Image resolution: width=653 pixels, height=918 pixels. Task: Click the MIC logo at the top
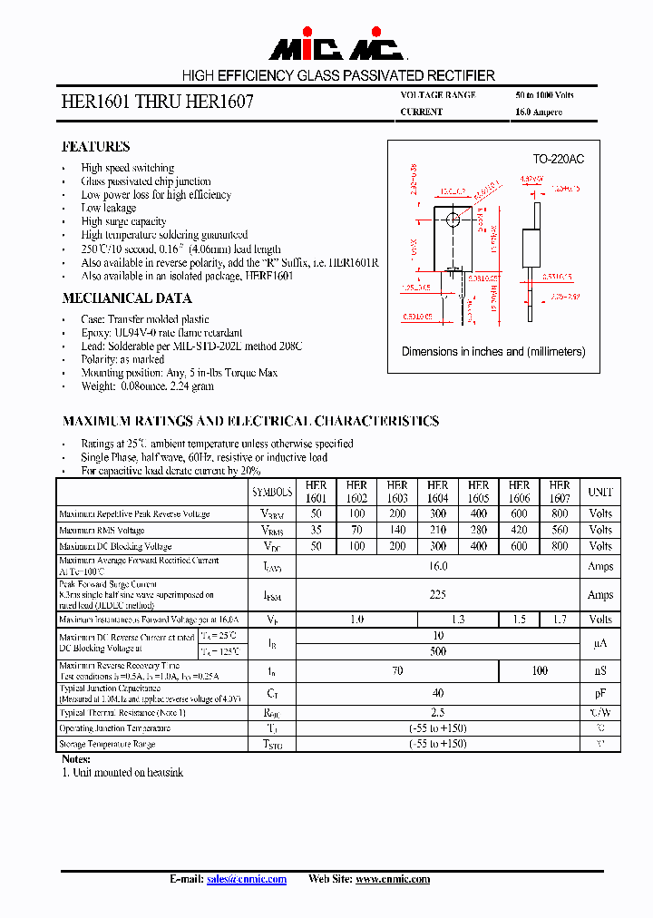click(336, 48)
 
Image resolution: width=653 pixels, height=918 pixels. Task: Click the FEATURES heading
click(95, 146)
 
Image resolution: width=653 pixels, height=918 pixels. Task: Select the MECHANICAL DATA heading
click(126, 298)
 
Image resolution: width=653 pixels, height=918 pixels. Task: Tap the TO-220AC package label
click(558, 159)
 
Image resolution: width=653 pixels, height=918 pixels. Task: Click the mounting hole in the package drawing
click(453, 220)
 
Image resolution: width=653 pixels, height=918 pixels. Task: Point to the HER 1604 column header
click(438, 492)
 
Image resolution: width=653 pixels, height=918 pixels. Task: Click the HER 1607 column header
click(560, 492)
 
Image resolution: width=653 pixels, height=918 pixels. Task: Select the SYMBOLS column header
click(272, 492)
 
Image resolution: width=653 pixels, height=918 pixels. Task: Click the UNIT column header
click(600, 492)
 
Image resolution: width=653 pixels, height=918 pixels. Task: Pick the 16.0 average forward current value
click(438, 566)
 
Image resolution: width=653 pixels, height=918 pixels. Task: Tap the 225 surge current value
click(438, 595)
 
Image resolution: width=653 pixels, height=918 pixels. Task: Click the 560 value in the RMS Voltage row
click(560, 530)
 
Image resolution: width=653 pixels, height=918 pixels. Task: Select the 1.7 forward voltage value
click(560, 620)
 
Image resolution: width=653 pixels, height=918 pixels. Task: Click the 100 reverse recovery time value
click(539, 671)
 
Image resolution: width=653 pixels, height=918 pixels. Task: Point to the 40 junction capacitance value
click(438, 693)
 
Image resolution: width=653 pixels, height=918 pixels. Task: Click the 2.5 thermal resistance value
click(438, 712)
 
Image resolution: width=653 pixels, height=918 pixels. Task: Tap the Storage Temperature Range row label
click(107, 744)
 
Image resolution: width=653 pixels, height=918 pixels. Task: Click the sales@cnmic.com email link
click(247, 879)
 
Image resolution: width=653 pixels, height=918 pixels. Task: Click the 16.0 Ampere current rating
click(539, 112)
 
